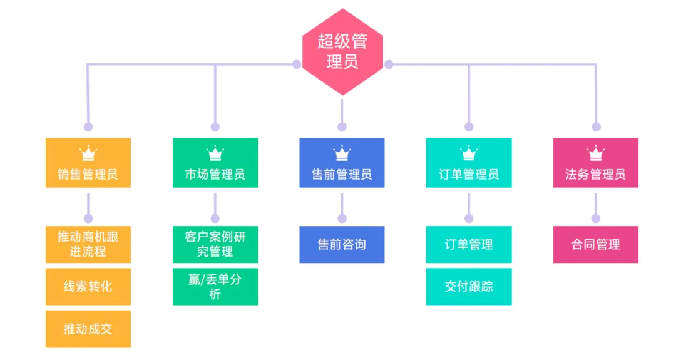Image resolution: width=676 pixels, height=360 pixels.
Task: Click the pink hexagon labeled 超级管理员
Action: pos(342,52)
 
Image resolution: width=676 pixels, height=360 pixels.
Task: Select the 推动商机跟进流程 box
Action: pos(88,244)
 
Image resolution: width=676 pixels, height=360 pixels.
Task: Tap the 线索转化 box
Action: pos(88,287)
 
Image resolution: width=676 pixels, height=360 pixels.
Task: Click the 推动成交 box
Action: pos(88,329)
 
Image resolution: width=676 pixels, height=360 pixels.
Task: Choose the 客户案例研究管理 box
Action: pos(215,244)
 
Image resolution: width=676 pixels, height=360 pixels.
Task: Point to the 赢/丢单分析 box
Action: pos(215,287)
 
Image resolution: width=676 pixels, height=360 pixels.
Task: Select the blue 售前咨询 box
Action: pos(342,244)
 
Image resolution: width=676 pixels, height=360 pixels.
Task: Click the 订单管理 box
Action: pos(469,244)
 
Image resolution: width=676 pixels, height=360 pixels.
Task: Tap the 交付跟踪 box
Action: pos(469,287)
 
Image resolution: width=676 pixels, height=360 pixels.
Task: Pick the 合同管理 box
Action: pos(595,244)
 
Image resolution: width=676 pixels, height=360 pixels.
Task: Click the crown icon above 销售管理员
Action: pos(88,153)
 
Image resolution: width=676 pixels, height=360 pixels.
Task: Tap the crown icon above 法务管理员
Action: pos(595,153)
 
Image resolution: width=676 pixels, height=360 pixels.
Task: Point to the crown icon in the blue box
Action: pos(342,153)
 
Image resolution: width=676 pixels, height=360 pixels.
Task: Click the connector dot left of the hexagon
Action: pos(297,64)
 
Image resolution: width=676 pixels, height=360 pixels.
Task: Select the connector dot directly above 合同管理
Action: pos(595,219)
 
